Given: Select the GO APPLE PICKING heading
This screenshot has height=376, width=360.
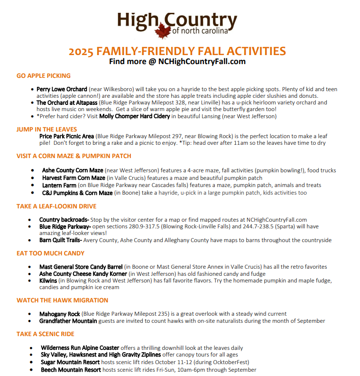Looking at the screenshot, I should point(43,75).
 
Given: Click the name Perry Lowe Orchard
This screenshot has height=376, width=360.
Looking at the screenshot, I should point(62,89).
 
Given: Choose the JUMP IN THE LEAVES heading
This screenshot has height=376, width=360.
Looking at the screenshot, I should point(46,129).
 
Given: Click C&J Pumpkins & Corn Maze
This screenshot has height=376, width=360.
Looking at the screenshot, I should point(77,193).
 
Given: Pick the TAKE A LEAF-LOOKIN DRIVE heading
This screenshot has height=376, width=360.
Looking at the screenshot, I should point(56,206).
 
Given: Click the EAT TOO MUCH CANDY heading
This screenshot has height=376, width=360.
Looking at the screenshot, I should point(50,254).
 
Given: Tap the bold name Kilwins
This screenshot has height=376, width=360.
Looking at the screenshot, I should point(49,281).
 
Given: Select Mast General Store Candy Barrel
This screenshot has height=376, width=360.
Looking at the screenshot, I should point(81,267).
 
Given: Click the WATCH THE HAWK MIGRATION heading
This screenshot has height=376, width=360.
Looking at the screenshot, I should point(62,301).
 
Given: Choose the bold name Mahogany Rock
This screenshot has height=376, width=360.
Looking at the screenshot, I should point(60,314).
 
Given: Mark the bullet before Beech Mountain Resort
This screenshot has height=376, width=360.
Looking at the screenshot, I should point(31,370).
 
